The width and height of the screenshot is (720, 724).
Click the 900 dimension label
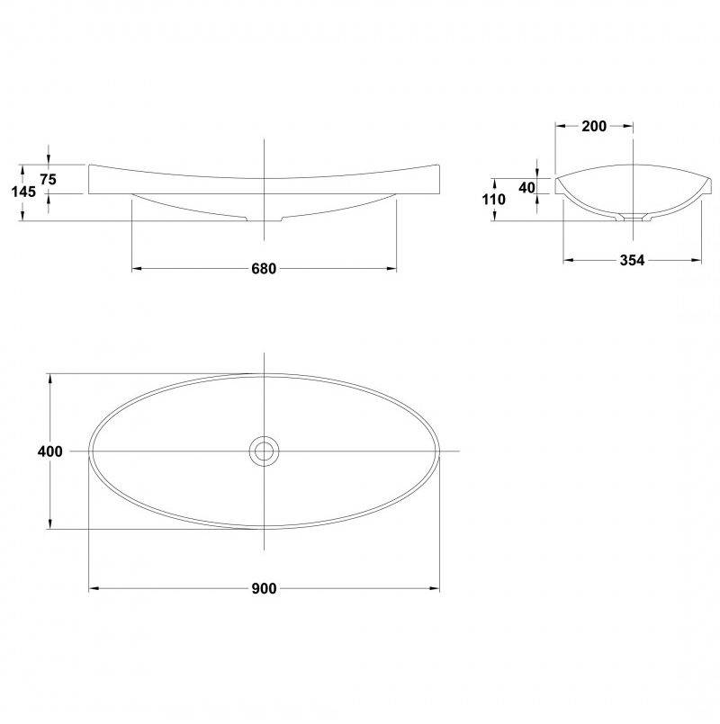click(264, 588)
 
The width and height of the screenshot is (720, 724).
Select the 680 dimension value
click(264, 268)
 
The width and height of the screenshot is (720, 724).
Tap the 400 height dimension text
click(49, 451)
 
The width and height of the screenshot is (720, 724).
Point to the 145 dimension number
click(23, 192)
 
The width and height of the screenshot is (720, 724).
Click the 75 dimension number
click(48, 179)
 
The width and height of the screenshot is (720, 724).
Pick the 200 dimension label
click(594, 126)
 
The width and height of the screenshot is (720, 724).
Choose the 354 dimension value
click(632, 261)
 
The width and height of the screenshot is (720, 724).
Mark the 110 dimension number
click(493, 200)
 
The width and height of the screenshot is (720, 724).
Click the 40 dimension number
click(526, 187)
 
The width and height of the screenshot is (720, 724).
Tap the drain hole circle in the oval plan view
click(264, 451)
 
